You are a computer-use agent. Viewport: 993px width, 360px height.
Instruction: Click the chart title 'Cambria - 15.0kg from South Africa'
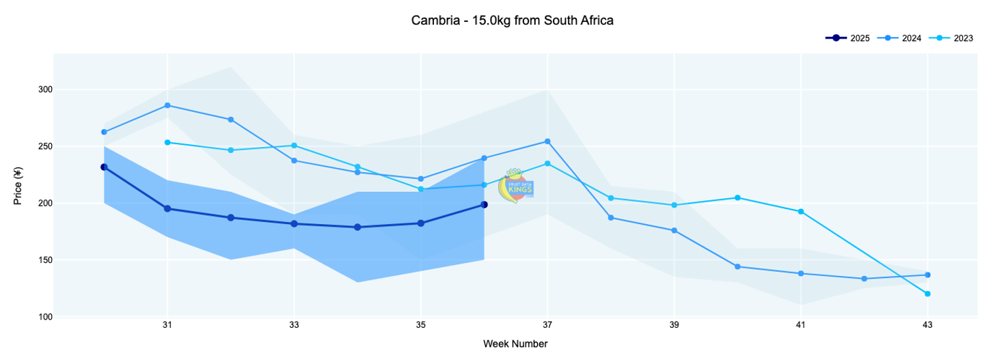tap(512, 20)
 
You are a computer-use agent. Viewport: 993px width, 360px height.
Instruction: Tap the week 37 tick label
tap(547, 325)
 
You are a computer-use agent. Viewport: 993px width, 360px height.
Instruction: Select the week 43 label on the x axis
tap(927, 325)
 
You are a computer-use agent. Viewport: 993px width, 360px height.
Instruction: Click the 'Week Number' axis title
tap(515, 344)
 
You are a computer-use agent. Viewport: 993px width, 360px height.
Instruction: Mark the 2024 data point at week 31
tap(167, 105)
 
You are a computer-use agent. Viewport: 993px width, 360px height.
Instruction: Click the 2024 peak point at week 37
tap(547, 141)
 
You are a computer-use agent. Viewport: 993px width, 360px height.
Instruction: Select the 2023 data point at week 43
tap(927, 294)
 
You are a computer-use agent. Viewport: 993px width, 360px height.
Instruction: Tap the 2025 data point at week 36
tap(484, 204)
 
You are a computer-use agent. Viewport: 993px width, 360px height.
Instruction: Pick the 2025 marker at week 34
tap(357, 227)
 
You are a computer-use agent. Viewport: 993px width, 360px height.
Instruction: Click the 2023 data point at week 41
tap(801, 212)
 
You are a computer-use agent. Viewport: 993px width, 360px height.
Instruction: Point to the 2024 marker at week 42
tap(865, 279)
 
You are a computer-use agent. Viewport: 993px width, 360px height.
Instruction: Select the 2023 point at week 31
tap(167, 143)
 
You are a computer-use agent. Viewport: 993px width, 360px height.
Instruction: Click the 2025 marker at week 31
tap(167, 209)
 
